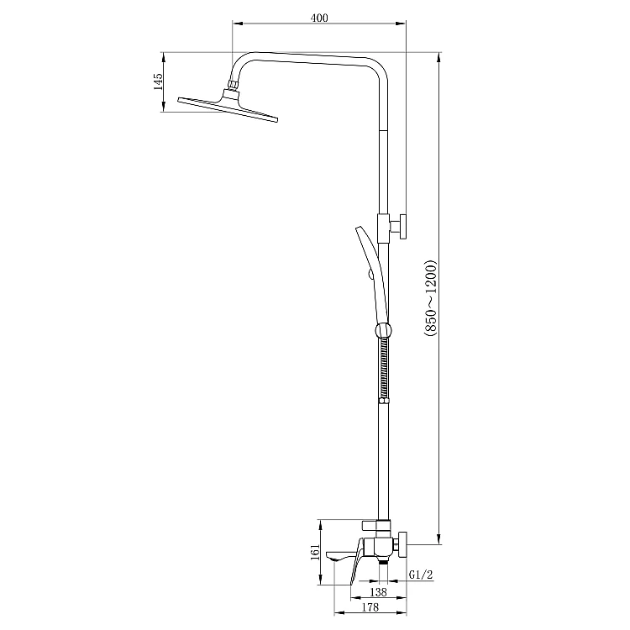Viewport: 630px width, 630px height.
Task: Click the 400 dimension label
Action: (319, 18)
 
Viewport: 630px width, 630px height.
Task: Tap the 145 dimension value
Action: (158, 81)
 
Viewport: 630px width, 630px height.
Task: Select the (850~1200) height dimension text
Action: (429, 299)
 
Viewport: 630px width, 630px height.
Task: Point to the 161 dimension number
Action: (316, 552)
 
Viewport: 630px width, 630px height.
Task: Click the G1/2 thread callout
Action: (421, 575)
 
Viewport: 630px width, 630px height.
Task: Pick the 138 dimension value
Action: (378, 592)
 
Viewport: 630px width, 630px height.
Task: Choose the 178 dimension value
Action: (370, 607)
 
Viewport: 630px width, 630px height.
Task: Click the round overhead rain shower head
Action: (228, 106)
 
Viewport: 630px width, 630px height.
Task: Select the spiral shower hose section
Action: (385, 367)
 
